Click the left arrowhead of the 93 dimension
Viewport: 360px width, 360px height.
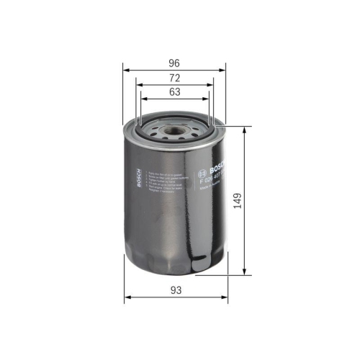[127, 297]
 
